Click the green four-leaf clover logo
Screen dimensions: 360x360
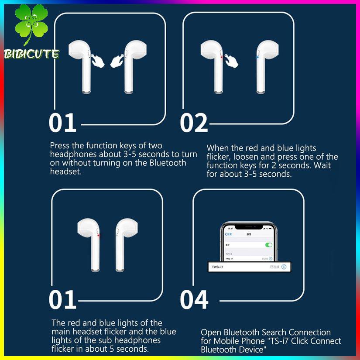tap(31, 24)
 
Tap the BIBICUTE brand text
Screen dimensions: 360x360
tap(31, 54)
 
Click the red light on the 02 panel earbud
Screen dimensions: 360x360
tap(222, 57)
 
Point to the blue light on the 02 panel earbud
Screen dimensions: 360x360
tap(257, 57)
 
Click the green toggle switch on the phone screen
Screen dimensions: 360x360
tap(269, 245)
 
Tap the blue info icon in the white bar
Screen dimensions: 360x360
tap(284, 266)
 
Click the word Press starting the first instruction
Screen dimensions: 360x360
tap(60, 146)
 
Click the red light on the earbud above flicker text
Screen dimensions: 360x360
tap(99, 236)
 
